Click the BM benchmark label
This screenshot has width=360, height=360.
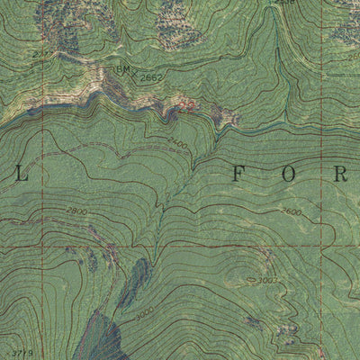coord(122,69)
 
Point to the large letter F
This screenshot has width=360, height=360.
coord(238,174)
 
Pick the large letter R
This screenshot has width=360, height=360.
coord(341,174)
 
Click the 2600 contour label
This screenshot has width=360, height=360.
coord(290,211)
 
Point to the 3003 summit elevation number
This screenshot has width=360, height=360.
coord(268,281)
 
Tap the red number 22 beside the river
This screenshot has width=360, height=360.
coord(186,105)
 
